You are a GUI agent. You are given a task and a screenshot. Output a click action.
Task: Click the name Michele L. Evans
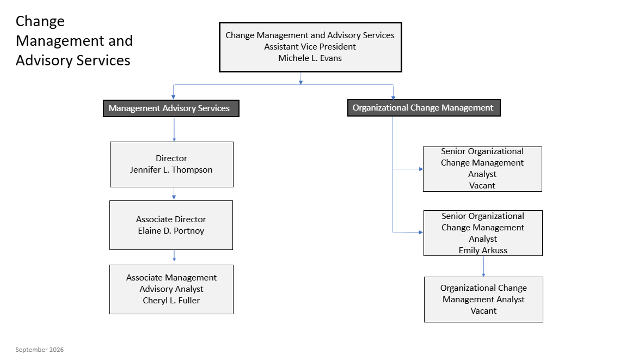point(310,58)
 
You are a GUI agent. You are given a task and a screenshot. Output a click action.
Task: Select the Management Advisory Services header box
point(171,108)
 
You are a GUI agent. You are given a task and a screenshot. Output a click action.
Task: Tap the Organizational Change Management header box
point(424,108)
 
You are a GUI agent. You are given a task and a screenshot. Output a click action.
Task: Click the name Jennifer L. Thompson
point(171,170)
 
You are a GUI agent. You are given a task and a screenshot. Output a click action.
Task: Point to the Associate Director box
point(171,225)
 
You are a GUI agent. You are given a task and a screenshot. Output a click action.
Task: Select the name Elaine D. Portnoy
point(171,230)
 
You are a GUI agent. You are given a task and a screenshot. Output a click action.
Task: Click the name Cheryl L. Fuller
point(171,300)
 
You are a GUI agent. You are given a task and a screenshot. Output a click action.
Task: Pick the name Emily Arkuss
point(483,251)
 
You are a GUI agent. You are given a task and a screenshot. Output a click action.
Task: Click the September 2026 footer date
point(40,350)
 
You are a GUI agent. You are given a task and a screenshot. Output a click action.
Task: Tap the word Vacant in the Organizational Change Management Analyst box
point(483,311)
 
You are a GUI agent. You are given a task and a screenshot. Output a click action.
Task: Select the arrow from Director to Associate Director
point(174,193)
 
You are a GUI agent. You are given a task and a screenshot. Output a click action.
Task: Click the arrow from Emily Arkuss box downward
point(483,266)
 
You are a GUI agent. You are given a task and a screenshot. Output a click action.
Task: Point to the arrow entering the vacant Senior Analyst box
point(408,169)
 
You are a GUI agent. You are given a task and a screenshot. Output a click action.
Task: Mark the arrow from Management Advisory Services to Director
point(174,129)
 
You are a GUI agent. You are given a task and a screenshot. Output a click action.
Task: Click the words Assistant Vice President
point(310,47)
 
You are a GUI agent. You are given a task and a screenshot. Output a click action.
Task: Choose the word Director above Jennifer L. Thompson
point(171,158)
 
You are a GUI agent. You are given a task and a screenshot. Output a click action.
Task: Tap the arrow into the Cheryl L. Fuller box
point(174,255)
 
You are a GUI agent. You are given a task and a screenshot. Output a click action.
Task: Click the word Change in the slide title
point(40,21)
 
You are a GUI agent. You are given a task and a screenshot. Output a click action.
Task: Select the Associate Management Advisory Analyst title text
point(171,283)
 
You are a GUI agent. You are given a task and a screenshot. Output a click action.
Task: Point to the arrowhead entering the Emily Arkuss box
point(421,232)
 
